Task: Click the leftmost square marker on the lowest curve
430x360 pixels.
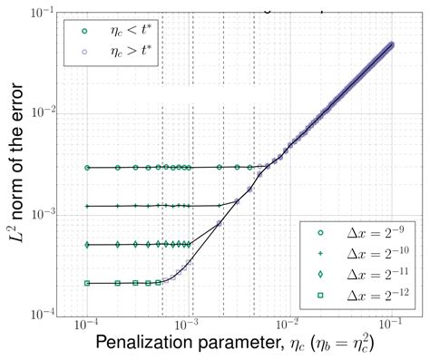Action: [87, 283]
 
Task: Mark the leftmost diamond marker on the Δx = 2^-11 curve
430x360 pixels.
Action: [87, 245]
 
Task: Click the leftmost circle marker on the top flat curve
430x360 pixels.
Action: [87, 168]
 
